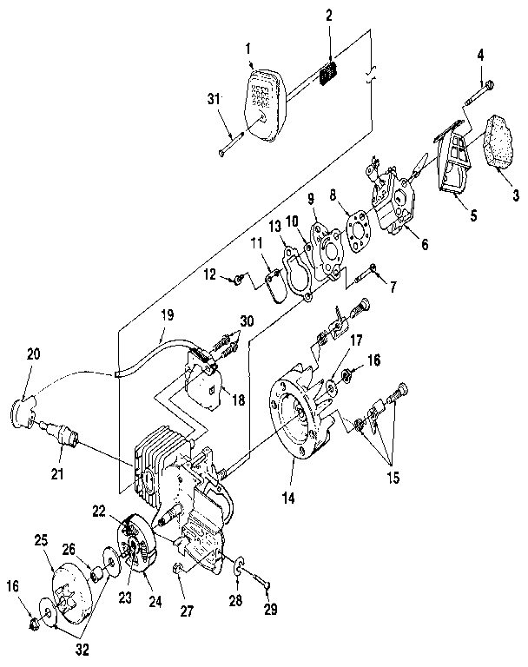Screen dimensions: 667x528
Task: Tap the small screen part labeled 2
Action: click(328, 75)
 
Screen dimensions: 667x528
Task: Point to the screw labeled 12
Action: click(236, 278)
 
